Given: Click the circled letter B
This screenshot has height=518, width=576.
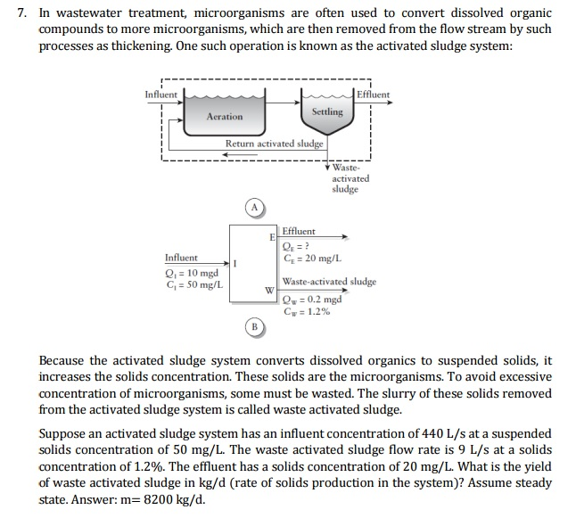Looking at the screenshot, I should [x=254, y=327].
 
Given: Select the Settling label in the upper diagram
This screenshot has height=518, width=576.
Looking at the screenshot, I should [x=327, y=111].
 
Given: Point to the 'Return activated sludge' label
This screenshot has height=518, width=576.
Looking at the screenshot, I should [x=275, y=144].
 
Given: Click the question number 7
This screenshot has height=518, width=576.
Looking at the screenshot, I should [x=20, y=14].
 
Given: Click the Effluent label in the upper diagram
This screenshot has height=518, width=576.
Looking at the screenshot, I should [x=373, y=95].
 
